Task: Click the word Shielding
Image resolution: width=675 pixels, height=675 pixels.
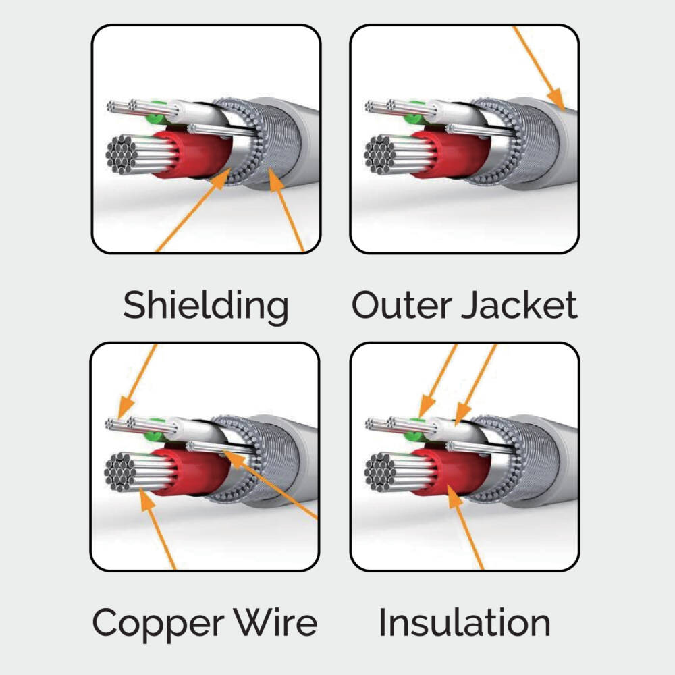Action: coord(205,306)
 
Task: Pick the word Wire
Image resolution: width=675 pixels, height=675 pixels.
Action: coord(277,622)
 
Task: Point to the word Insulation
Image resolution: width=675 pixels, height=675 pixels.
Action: coord(464,622)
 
